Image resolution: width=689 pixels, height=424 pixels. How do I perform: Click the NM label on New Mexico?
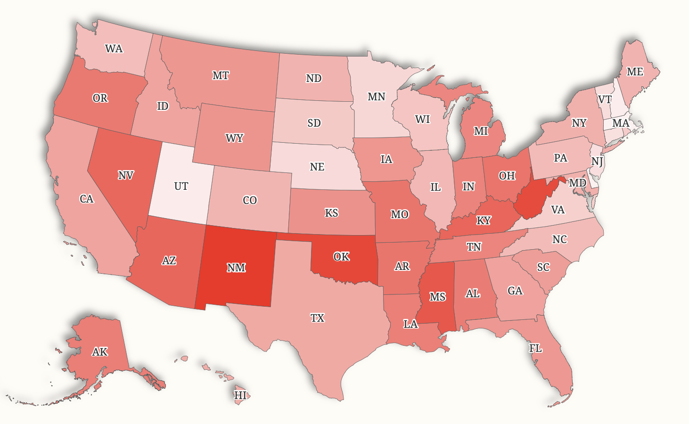coord(236,268)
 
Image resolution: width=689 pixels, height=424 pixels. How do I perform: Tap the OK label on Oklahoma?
coord(341,257)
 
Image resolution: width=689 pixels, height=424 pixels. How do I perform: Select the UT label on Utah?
coord(181,187)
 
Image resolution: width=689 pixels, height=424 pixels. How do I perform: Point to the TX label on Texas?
coord(317,318)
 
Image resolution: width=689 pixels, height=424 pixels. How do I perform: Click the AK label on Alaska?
coord(99,352)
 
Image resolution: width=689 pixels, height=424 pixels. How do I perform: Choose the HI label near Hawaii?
coord(240,395)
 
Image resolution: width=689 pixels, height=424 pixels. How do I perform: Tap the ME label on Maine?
coord(635,72)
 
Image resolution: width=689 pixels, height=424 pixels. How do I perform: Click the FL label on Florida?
coord(535,349)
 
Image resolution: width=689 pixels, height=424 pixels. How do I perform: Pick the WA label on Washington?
coord(114,49)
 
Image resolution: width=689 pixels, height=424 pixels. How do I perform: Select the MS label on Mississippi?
coord(437,297)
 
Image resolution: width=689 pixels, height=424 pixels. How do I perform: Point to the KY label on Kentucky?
coord(484,220)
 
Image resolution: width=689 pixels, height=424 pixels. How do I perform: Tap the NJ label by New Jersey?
coord(597,162)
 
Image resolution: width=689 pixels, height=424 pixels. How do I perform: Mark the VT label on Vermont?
coord(605,99)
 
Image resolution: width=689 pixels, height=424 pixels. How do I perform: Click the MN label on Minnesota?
coord(376,97)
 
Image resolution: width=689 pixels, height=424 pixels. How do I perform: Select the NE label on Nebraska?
coord(317,167)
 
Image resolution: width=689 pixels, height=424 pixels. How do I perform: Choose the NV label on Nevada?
coord(126,176)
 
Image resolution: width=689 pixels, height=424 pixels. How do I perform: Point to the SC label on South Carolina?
coord(543,268)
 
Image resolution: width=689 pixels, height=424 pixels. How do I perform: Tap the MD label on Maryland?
coord(577,183)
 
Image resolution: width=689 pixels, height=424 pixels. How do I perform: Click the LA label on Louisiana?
coord(410,324)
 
